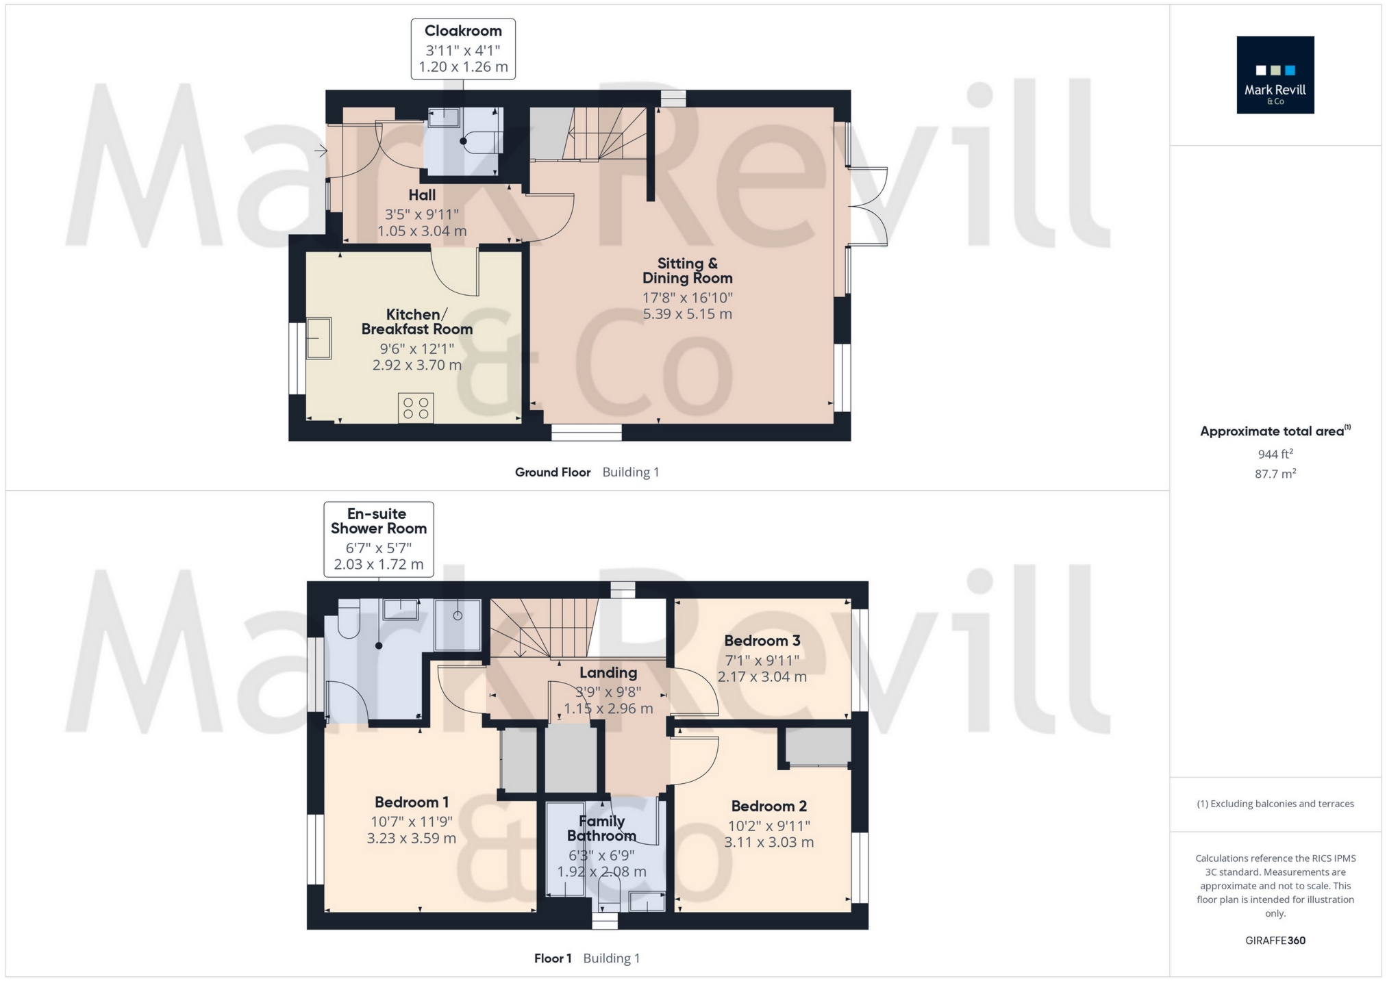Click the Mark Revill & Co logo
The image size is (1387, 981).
tap(1275, 75)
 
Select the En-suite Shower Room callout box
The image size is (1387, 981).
tap(379, 539)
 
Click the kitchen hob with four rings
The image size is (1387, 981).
tap(416, 408)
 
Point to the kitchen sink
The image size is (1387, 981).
tap(318, 338)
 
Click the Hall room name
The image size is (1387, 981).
tap(422, 195)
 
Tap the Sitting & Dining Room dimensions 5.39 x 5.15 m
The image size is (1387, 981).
tap(687, 314)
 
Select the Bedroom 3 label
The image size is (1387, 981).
tap(762, 641)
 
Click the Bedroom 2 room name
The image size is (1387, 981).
tap(769, 806)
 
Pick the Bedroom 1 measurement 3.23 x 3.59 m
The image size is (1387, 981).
tap(412, 838)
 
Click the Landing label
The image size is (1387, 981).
tap(608, 673)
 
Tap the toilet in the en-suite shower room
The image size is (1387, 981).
tap(349, 619)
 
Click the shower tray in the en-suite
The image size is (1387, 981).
tap(458, 624)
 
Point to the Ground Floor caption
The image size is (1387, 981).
tap(553, 472)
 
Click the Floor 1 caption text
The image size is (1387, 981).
tap(553, 958)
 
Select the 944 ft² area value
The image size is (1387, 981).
tap(1275, 453)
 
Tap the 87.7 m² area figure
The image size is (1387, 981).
tap(1275, 474)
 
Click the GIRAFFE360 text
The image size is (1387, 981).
tap(1275, 941)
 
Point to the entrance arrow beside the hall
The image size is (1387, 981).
tap(321, 151)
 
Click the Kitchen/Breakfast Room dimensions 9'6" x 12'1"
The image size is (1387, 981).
tap(417, 349)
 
